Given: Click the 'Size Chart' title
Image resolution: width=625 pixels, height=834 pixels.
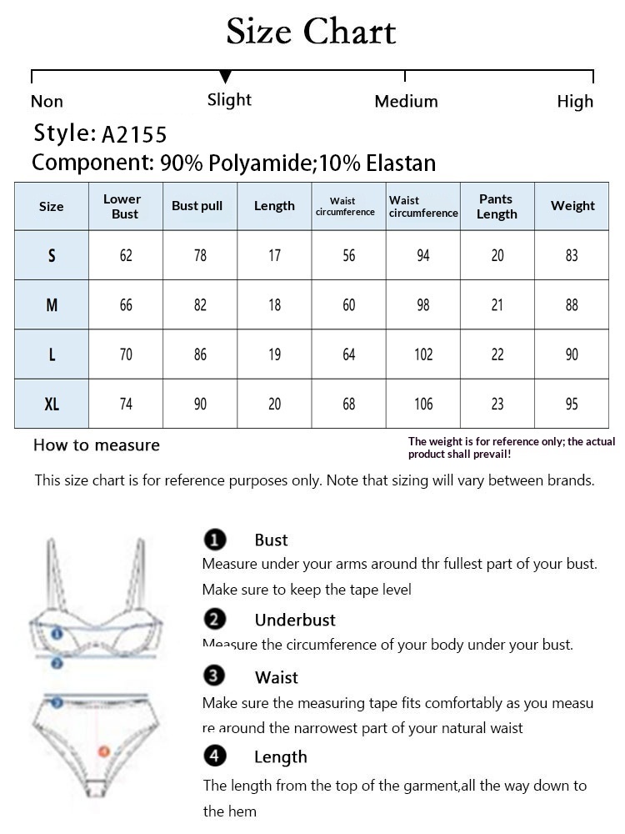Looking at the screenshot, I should click(x=312, y=33).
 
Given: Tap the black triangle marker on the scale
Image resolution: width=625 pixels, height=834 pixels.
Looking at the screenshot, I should click(x=226, y=78).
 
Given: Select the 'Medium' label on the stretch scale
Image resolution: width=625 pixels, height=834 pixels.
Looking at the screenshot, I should click(x=406, y=102).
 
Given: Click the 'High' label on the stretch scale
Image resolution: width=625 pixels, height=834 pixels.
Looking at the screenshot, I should click(x=575, y=102).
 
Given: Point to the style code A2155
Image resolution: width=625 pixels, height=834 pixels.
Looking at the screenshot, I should click(x=134, y=134).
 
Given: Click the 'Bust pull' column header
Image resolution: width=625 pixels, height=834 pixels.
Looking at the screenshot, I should click(x=197, y=206).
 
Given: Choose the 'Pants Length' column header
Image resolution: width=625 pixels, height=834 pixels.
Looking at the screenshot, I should click(x=497, y=206).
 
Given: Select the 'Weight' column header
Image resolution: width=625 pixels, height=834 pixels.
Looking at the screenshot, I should click(x=572, y=206).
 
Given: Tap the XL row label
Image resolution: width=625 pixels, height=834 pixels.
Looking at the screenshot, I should click(x=52, y=404).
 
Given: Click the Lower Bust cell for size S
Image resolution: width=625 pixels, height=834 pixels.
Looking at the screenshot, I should click(x=126, y=256).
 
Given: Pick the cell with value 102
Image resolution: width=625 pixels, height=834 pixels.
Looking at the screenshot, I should click(x=423, y=354).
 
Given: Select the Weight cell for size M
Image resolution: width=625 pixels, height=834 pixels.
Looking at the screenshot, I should click(x=572, y=305).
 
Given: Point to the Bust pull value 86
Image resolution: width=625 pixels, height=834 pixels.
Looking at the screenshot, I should click(x=200, y=354).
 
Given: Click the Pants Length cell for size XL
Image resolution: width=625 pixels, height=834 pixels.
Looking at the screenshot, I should click(x=497, y=404).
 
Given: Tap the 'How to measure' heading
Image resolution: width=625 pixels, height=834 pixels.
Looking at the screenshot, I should click(x=97, y=445).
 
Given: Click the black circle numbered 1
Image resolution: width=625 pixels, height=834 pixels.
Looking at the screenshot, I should click(x=215, y=540).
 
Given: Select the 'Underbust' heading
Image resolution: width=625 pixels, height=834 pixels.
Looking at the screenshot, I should click(x=295, y=620).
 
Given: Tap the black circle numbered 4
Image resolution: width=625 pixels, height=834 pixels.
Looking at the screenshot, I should click(x=215, y=756).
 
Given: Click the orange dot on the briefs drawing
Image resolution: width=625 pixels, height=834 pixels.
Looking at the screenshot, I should click(x=104, y=751).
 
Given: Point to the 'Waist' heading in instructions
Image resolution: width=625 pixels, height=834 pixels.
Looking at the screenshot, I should click(x=277, y=677).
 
